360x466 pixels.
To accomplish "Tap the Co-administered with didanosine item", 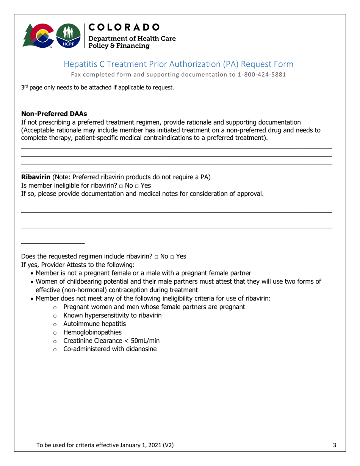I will click(110, 349).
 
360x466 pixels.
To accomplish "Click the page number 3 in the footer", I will click(335, 446).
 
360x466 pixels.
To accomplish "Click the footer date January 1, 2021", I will click(140, 446).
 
